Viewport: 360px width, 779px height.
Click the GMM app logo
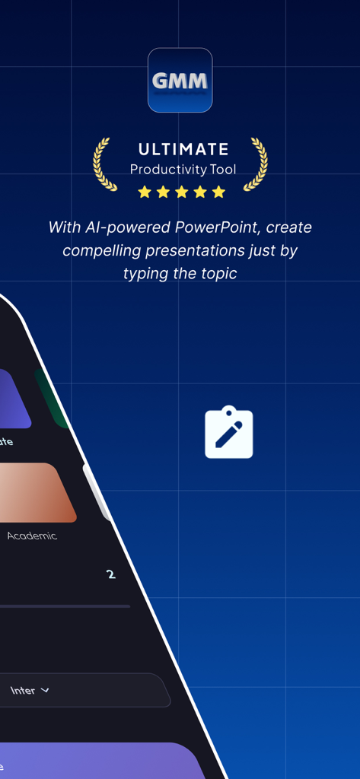click(180, 80)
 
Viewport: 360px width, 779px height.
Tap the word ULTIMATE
click(183, 149)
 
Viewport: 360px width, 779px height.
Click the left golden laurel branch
click(101, 164)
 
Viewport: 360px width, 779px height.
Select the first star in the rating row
click(145, 192)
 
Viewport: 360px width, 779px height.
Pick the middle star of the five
click(181, 192)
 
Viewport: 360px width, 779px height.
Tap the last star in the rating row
click(218, 192)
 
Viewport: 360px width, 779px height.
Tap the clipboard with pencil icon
click(228, 434)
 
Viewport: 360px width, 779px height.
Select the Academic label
click(32, 536)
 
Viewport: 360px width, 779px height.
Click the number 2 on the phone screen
click(111, 574)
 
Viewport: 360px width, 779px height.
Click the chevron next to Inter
click(45, 691)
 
